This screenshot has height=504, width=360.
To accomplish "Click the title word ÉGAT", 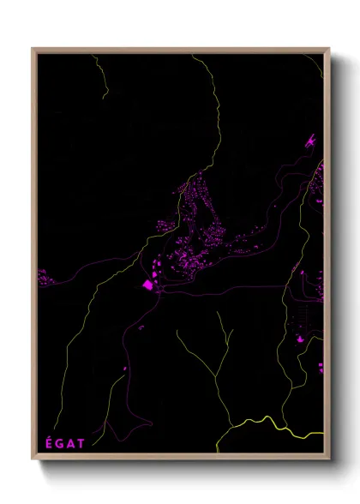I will [x=64, y=442].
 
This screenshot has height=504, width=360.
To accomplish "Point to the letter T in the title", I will [x=81, y=442].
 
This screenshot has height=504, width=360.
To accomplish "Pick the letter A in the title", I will [x=70, y=442].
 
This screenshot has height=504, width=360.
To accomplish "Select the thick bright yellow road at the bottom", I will [x=266, y=423].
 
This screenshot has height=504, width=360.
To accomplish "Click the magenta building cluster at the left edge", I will [x=42, y=277].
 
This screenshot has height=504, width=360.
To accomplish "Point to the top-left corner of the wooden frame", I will [x=33, y=49].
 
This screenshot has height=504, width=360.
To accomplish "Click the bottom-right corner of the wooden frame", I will [x=329, y=460].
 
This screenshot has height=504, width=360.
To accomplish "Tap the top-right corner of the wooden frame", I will [x=329, y=49].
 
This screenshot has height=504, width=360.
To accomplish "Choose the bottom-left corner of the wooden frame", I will [x=33, y=460].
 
